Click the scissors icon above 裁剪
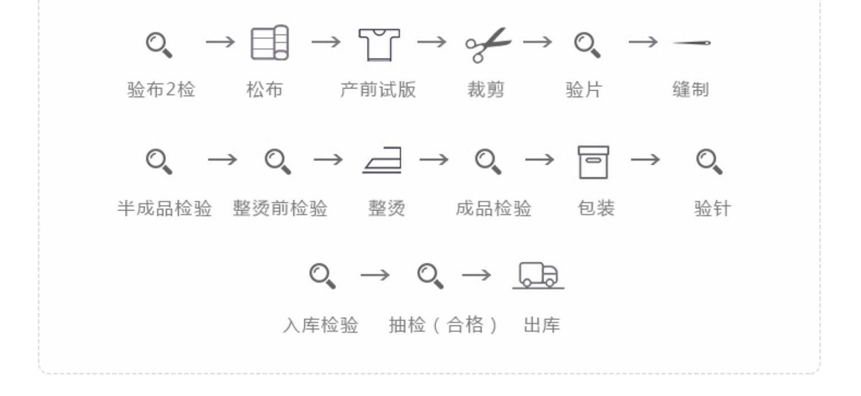click(487, 44)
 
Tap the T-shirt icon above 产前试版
click(379, 44)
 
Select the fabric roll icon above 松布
click(270, 43)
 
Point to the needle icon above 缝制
click(692, 43)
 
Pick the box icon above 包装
click(593, 162)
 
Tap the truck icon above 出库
click(538, 275)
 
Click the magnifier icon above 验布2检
click(158, 45)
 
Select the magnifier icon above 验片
click(587, 45)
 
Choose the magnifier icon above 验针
click(709, 162)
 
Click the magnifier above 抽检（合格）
click(430, 275)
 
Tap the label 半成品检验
click(165, 208)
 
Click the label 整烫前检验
click(280, 208)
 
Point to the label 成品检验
click(494, 208)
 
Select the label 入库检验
click(320, 325)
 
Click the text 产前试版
click(378, 90)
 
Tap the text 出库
click(541, 325)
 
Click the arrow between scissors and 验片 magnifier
click(537, 42)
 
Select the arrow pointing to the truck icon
click(476, 275)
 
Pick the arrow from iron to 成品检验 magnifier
click(434, 159)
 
